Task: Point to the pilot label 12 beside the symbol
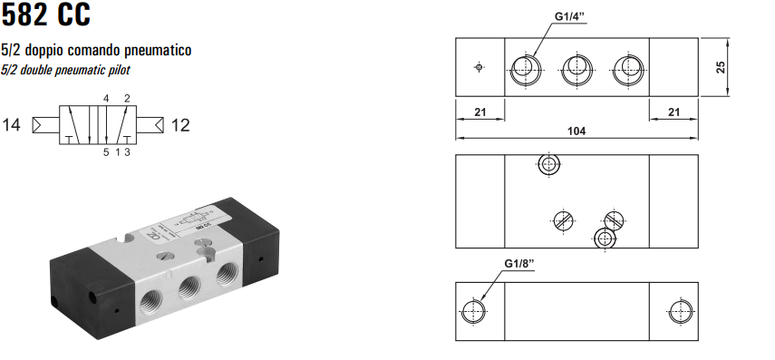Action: pos(180,125)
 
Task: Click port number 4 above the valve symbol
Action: pos(106,98)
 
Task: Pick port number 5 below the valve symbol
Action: pos(106,152)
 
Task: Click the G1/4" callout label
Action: pos(574,15)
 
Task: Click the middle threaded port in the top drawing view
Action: pos(576,67)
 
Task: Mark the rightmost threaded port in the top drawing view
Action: pos(626,67)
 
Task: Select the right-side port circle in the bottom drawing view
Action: pos(677,311)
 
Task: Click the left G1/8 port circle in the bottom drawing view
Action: pos(473,311)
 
